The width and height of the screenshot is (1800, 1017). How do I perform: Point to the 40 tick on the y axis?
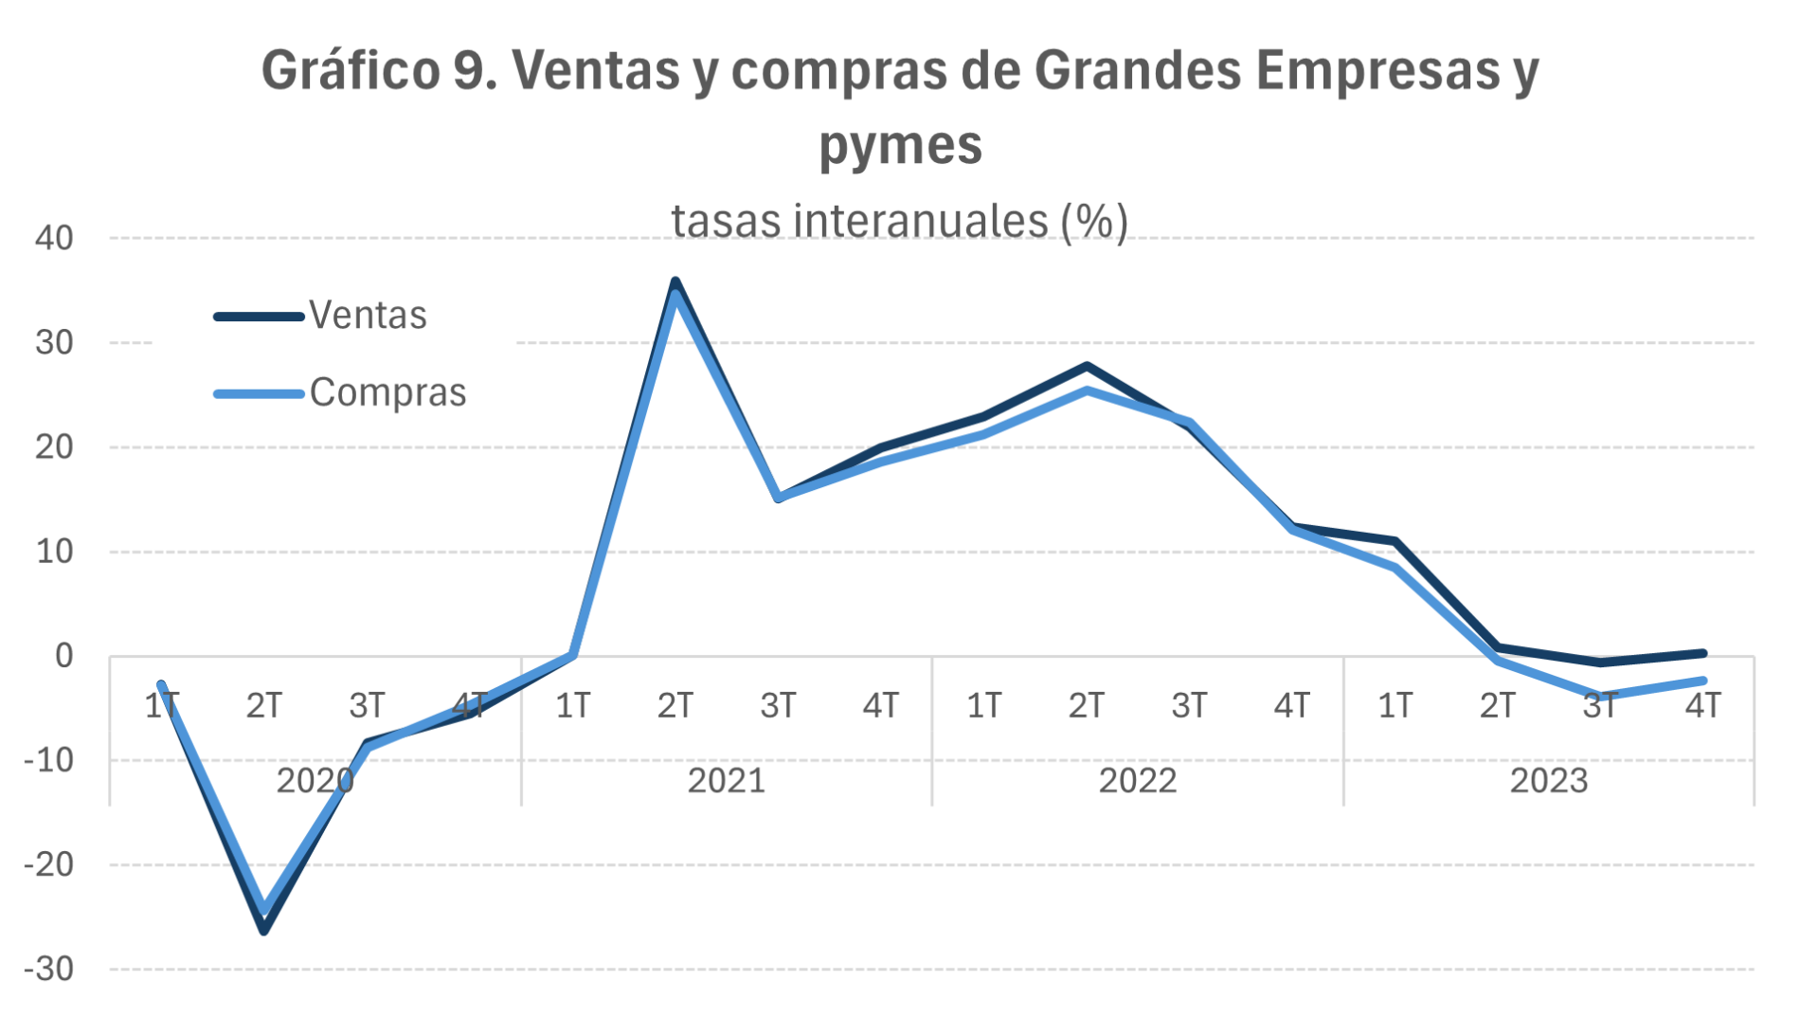[x=54, y=238]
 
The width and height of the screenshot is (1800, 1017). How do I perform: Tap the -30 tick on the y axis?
[x=49, y=970]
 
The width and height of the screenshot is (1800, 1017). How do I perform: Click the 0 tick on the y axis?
[x=63, y=656]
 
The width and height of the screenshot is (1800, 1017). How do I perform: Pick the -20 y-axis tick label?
[x=49, y=865]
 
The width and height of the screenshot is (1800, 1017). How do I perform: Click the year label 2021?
[x=726, y=781]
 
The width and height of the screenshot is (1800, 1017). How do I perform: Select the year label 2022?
[x=1137, y=781]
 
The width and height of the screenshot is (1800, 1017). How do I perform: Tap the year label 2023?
[x=1548, y=781]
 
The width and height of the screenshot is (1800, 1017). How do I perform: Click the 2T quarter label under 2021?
[x=675, y=706]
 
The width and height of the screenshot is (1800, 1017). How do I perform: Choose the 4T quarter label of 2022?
[x=1292, y=706]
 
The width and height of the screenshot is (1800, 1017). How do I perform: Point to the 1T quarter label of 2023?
[x=1395, y=706]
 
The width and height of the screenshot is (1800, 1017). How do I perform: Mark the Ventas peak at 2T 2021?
[x=675, y=281]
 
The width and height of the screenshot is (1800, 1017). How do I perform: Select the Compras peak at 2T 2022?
[x=1087, y=390]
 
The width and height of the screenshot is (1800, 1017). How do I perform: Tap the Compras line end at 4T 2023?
[x=1702, y=681]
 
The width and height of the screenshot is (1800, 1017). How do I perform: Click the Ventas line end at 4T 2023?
[x=1702, y=653]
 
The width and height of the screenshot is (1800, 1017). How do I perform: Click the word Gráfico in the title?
[x=351, y=71]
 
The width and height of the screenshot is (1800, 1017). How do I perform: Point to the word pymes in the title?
[x=900, y=145]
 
